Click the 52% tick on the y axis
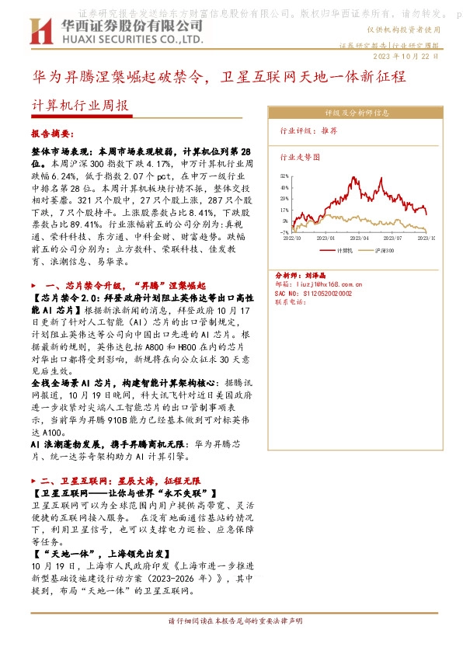pos(284,176)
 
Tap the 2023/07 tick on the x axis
pos(392,238)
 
